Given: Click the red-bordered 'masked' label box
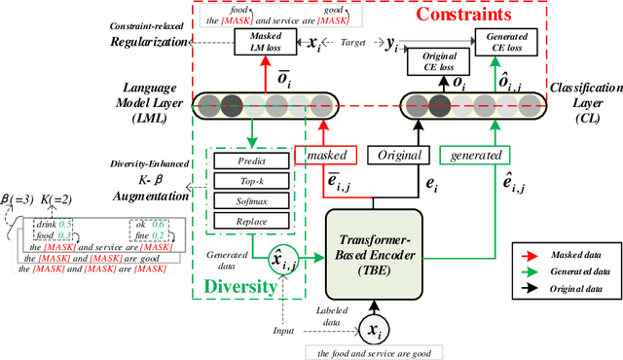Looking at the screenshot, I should click(332, 155).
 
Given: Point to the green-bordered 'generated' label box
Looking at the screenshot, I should click(476, 155).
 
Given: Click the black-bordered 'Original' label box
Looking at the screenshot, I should click(398, 155).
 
